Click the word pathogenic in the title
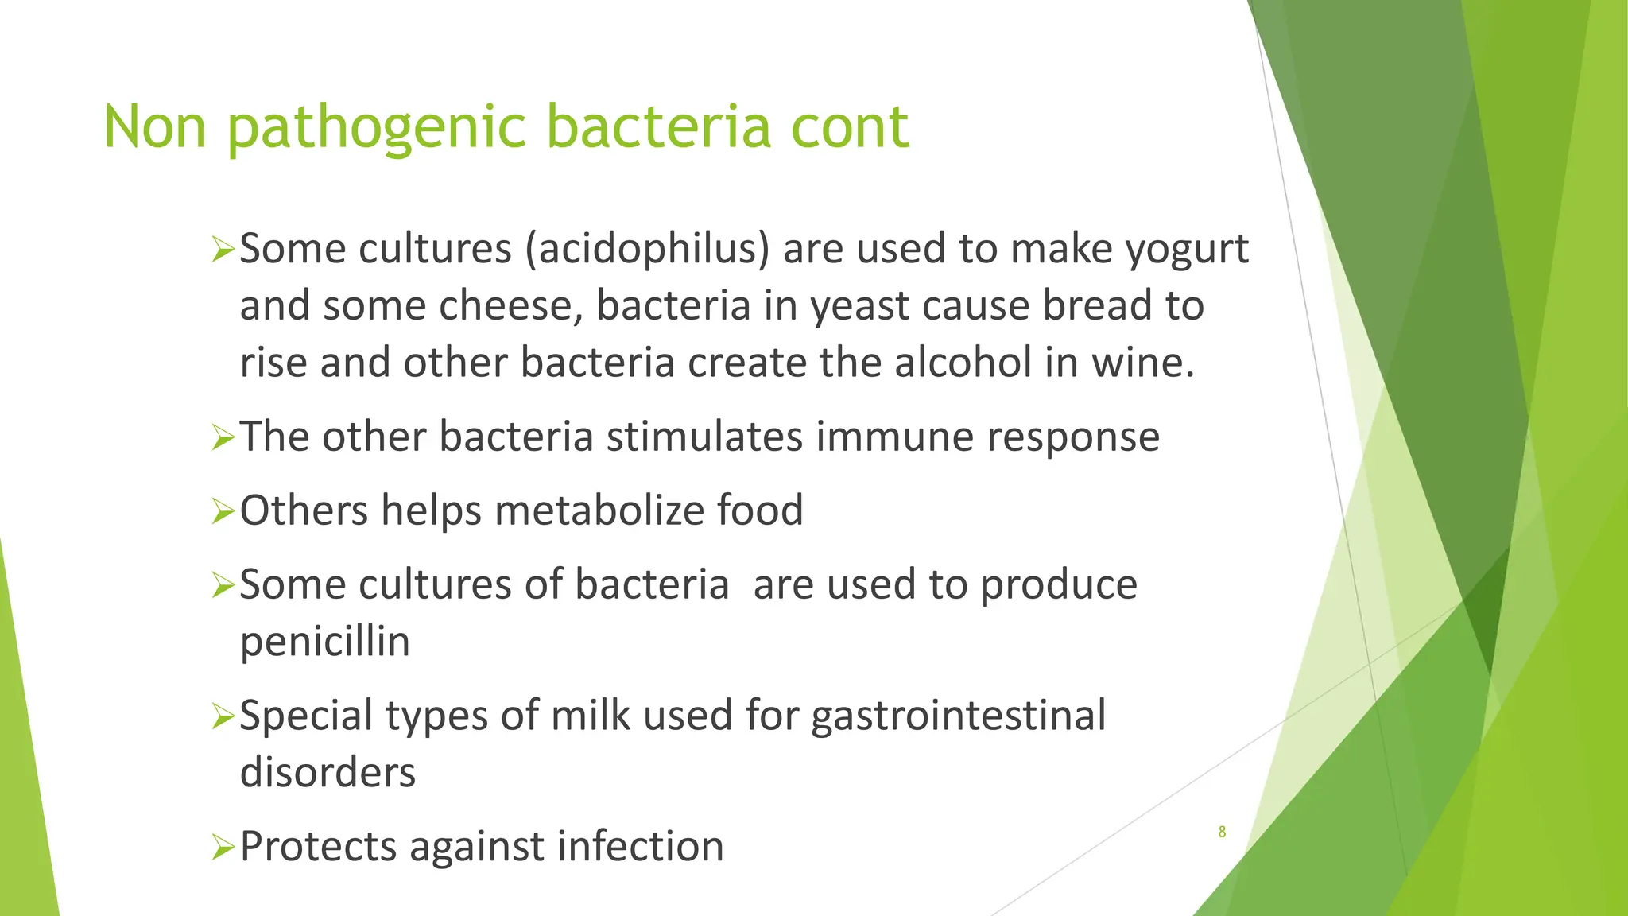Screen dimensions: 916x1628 point(377,127)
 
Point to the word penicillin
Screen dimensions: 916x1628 point(324,642)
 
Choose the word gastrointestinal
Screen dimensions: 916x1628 point(958,716)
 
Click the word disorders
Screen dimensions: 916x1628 point(328,772)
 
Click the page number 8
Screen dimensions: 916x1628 point(1222,832)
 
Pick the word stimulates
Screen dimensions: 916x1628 point(704,437)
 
